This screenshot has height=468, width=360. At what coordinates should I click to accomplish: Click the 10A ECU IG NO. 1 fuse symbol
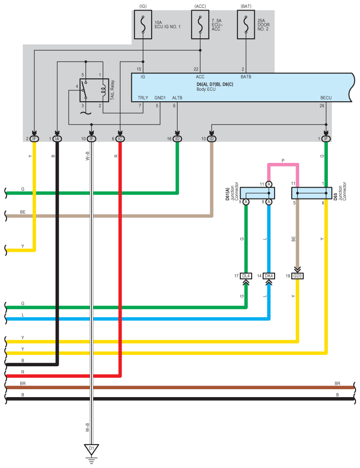coord(143,25)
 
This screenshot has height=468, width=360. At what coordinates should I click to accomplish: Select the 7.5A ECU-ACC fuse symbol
coord(200,25)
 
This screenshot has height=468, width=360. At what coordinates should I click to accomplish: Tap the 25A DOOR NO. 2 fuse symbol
coord(246,25)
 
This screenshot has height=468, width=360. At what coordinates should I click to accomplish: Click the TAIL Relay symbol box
coord(94,90)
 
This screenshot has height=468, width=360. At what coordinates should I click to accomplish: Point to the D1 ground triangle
coord(91,449)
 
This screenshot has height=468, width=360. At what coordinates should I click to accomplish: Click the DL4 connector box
coord(246,276)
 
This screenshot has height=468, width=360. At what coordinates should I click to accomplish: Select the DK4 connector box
coord(269,276)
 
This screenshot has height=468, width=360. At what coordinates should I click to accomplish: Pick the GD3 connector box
coord(297,276)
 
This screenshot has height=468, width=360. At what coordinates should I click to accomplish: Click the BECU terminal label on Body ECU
coord(326,98)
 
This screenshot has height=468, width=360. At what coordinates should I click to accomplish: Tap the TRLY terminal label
coord(143,98)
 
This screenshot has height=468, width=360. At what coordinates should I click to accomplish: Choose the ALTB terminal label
coord(177,98)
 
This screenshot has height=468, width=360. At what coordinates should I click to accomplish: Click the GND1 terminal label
coord(160,98)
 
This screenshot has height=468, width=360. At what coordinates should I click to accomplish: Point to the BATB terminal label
coord(246,77)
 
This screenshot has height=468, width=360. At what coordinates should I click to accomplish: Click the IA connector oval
coord(57,139)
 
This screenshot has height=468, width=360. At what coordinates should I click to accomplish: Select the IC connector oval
coord(120,139)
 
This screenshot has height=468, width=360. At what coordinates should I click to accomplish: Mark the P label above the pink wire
coord(283,161)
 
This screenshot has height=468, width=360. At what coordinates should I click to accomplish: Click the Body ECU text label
coord(206,89)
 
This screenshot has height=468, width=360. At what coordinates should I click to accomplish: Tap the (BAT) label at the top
coord(246,6)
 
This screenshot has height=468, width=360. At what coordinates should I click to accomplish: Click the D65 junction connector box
coord(312,193)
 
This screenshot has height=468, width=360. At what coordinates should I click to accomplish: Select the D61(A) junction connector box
coord(257,193)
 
